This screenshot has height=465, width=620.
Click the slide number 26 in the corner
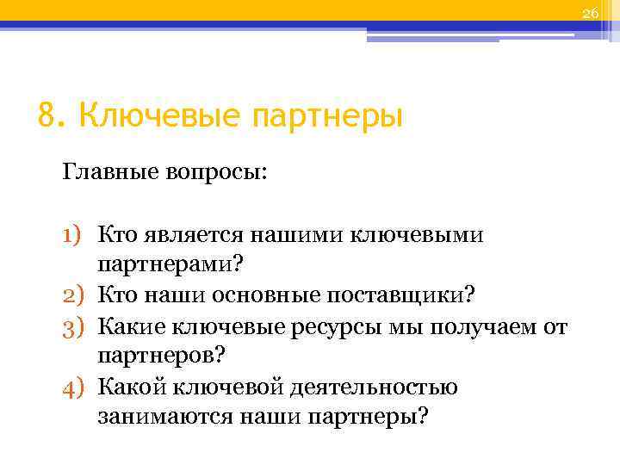[590, 12]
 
